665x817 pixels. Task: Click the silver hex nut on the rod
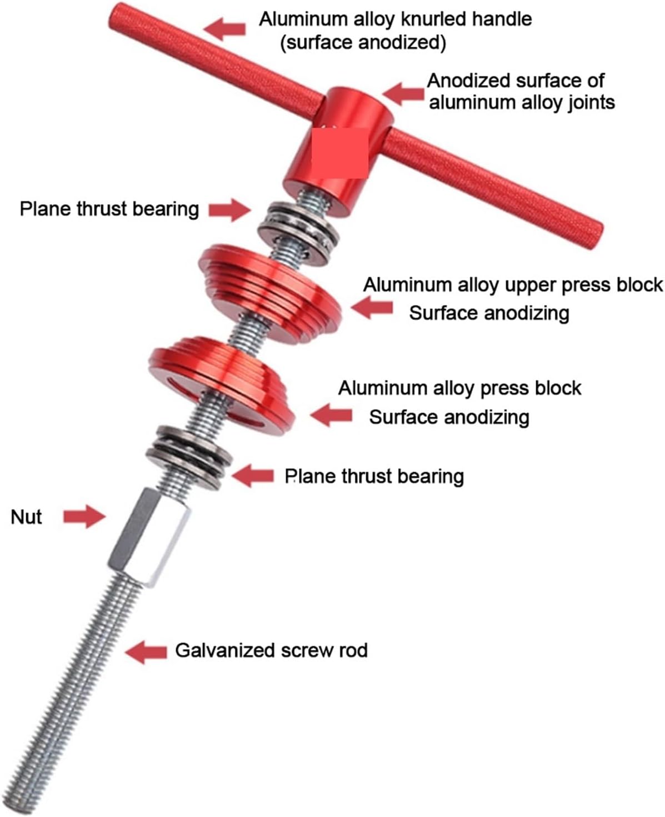pos(149,537)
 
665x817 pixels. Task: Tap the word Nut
pos(26,517)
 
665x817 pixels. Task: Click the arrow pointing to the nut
pos(84,517)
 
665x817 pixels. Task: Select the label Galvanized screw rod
pos(271,650)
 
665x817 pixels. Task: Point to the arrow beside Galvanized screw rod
pos(146,651)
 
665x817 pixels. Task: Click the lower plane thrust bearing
pos(189,457)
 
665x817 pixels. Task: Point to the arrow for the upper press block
pos(372,307)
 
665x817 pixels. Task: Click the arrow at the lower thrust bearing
pos(253,476)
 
